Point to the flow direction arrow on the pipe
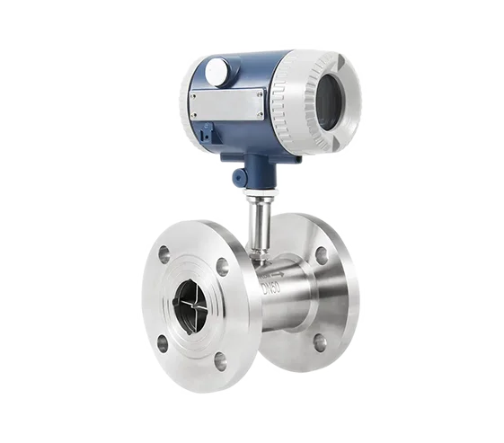[278, 274]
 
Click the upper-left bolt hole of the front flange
[164, 252]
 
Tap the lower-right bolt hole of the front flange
[220, 359]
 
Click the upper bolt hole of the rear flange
[322, 254]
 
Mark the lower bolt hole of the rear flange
[320, 342]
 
